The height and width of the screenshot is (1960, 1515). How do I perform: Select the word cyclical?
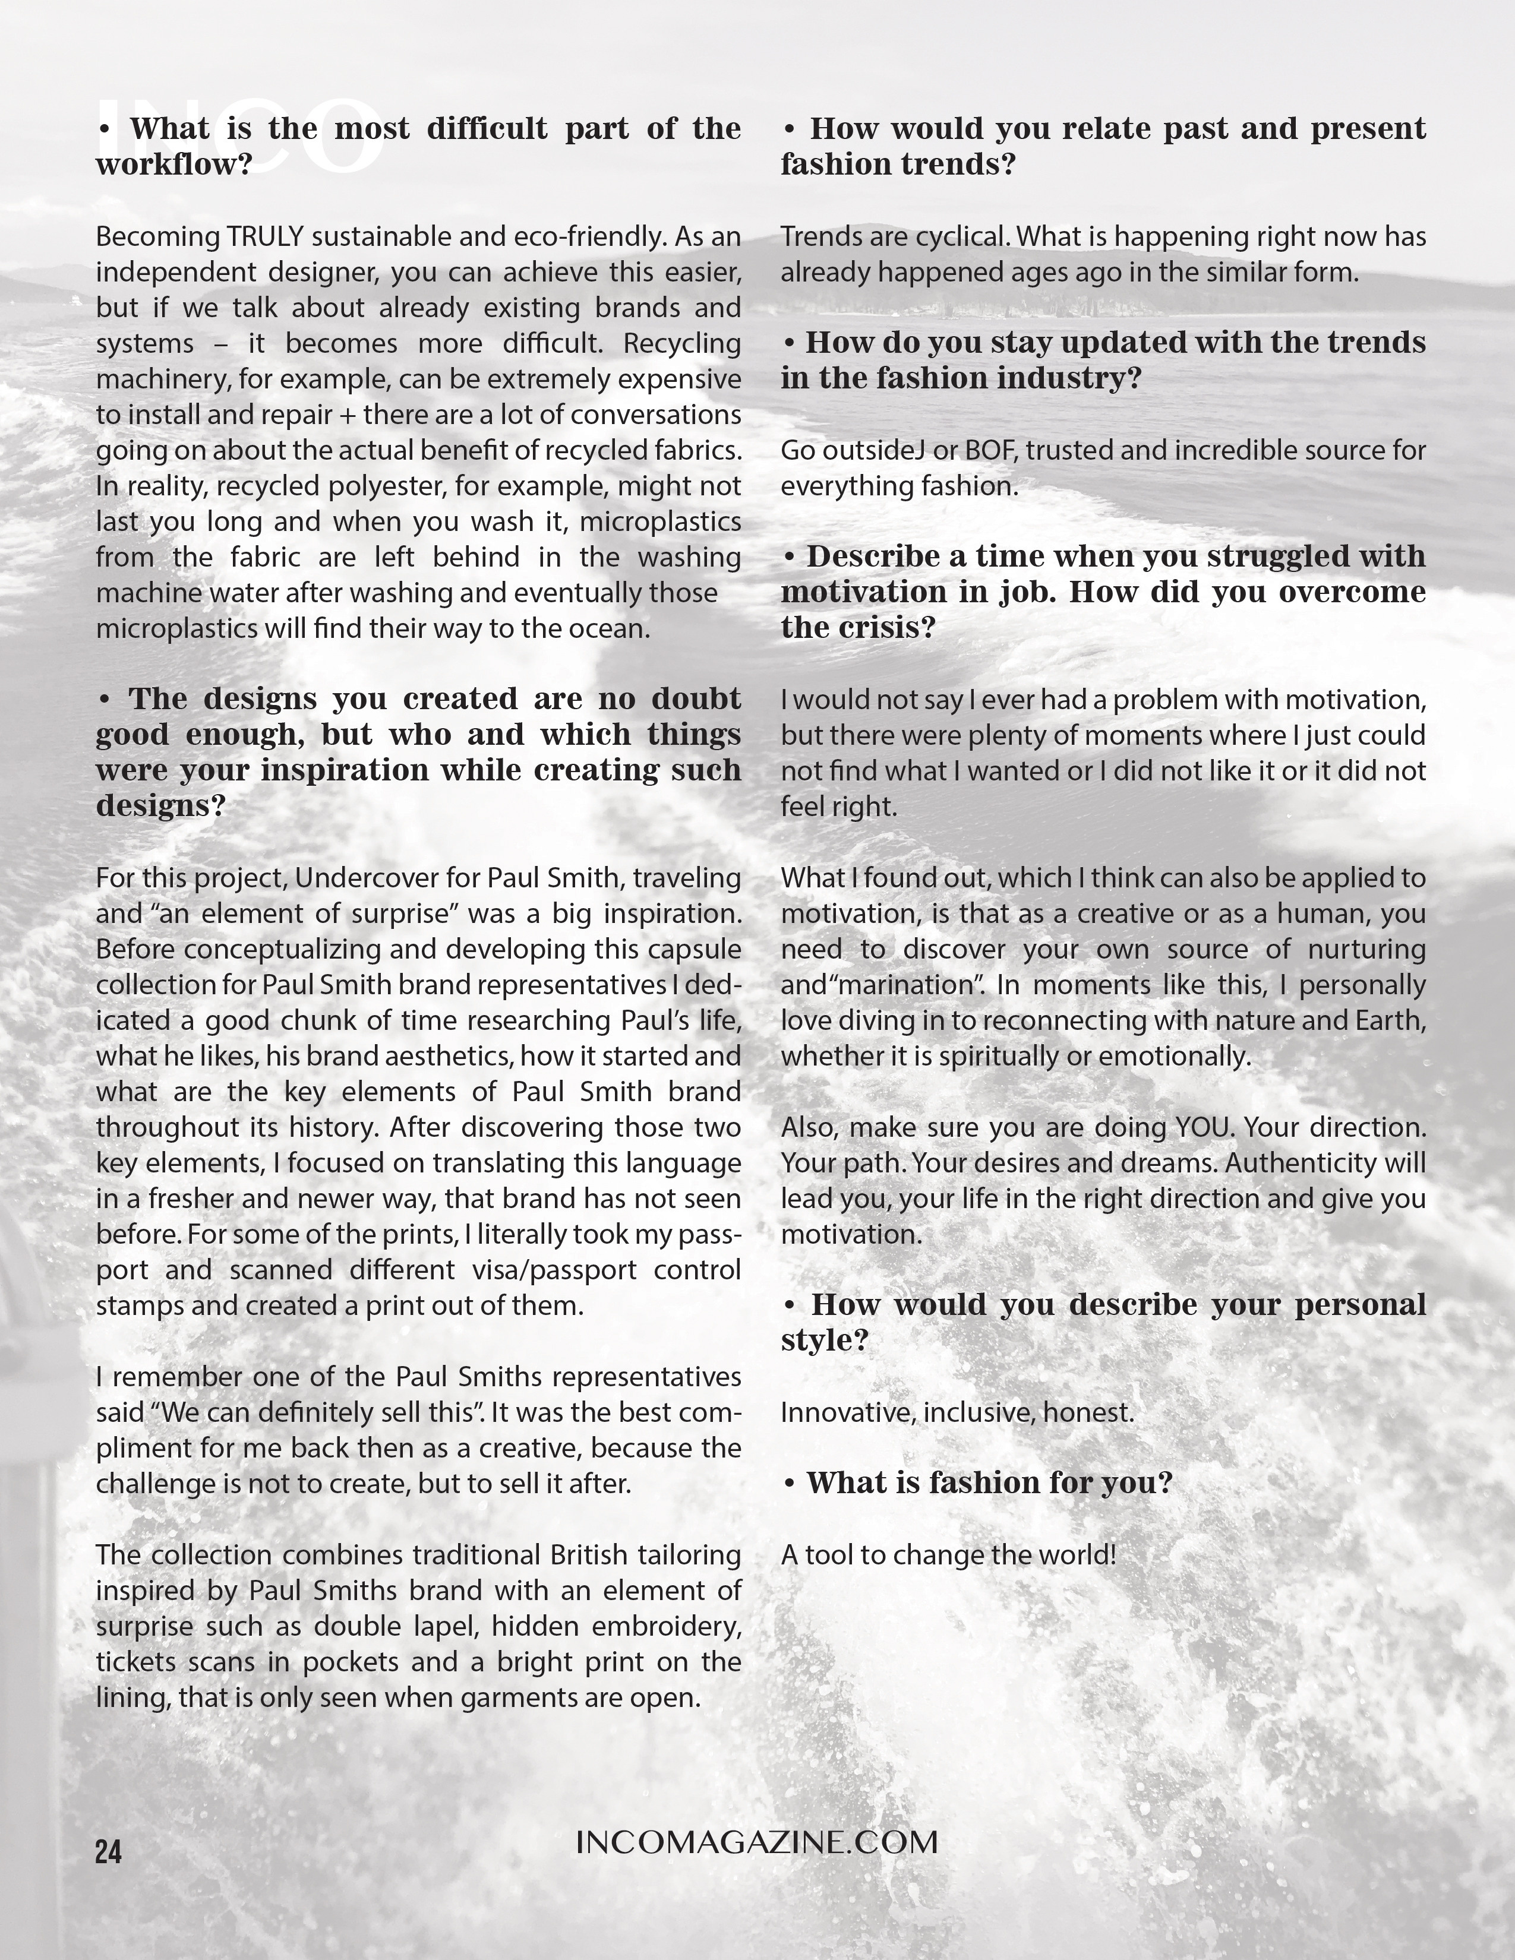pos(964,237)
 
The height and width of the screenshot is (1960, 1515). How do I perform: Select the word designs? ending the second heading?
pos(160,807)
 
